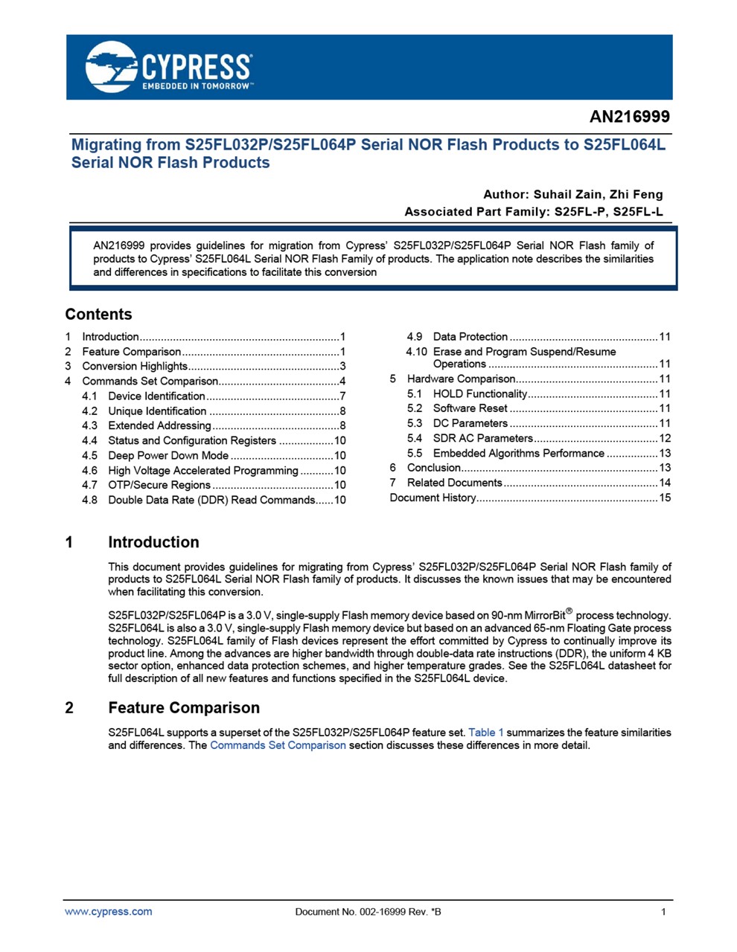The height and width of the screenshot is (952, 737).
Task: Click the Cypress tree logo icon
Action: tap(111, 67)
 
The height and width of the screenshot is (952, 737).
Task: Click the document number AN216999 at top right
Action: tap(629, 117)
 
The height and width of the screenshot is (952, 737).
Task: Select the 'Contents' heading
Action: tap(98, 315)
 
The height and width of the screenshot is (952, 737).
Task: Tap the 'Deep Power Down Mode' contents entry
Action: tap(168, 455)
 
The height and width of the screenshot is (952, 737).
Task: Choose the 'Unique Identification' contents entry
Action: tap(157, 411)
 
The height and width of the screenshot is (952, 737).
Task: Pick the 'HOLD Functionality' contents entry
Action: tap(479, 393)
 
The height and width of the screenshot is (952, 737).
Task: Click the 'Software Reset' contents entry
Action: tap(470, 408)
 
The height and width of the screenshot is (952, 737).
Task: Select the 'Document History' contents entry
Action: tap(433, 498)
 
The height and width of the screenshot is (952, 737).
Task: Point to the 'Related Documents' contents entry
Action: tap(454, 483)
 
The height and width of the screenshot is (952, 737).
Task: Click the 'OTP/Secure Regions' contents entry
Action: tap(159, 485)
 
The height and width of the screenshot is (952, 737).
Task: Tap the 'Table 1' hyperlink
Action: tap(486, 733)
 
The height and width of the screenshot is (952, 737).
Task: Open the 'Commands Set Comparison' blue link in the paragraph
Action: tap(278, 745)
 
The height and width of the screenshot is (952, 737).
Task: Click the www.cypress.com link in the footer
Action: tap(109, 912)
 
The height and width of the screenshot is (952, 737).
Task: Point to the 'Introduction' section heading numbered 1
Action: tap(153, 542)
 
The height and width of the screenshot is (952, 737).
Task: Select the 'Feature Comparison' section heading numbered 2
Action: tap(184, 707)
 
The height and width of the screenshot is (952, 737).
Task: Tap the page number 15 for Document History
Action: tap(665, 498)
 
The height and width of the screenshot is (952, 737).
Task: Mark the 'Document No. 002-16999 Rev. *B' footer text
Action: tap(368, 912)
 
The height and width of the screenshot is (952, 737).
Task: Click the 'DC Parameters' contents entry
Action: tap(470, 423)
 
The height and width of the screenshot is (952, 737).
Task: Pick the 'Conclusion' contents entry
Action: tap(433, 468)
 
